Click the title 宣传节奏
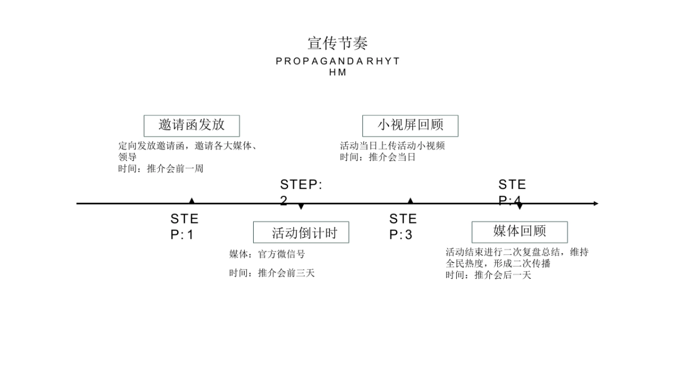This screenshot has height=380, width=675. pos(337,43)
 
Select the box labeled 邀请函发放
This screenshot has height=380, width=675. pos(192,126)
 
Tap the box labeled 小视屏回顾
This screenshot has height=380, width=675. pos(410,126)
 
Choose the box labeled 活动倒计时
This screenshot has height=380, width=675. pos(301,233)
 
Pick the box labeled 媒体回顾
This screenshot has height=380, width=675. pos(519,231)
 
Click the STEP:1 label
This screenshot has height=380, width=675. pos(184,227)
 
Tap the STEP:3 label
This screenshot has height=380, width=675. pos(403,227)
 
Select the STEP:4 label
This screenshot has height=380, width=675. pos(512,192)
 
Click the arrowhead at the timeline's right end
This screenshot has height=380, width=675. pos(596,203)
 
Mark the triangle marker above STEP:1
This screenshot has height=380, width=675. pos(192,200)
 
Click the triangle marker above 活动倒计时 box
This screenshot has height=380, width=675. pos(301,207)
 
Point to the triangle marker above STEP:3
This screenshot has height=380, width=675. pos(410,200)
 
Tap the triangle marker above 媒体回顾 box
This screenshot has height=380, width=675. pos(519,207)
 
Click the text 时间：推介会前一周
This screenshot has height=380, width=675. pos(160,168)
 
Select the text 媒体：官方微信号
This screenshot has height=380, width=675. pos(267,254)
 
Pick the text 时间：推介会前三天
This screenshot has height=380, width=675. pos(271,274)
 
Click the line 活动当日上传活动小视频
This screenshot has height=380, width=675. pos(392,146)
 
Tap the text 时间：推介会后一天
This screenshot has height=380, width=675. pos(488,275)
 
